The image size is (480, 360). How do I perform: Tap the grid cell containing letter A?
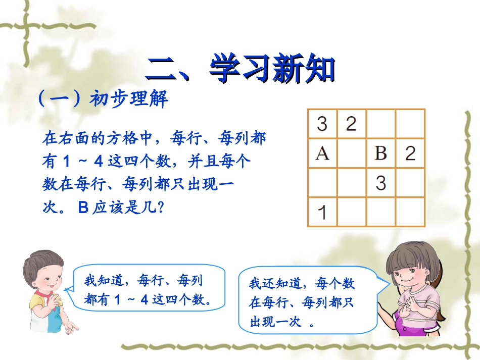tap(322, 153)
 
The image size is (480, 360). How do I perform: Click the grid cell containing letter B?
tap(380, 153)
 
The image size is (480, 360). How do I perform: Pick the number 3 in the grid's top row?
tap(322, 124)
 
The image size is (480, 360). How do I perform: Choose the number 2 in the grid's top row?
tap(351, 124)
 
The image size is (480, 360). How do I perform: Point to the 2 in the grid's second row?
tap(410, 153)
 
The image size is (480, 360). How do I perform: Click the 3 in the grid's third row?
tap(380, 182)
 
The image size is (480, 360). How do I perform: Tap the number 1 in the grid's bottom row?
tap(322, 212)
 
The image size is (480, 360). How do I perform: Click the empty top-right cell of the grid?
tap(410, 124)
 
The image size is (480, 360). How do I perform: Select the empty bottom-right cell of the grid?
tap(410, 212)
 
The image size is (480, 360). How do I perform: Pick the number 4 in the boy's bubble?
tap(143, 300)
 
